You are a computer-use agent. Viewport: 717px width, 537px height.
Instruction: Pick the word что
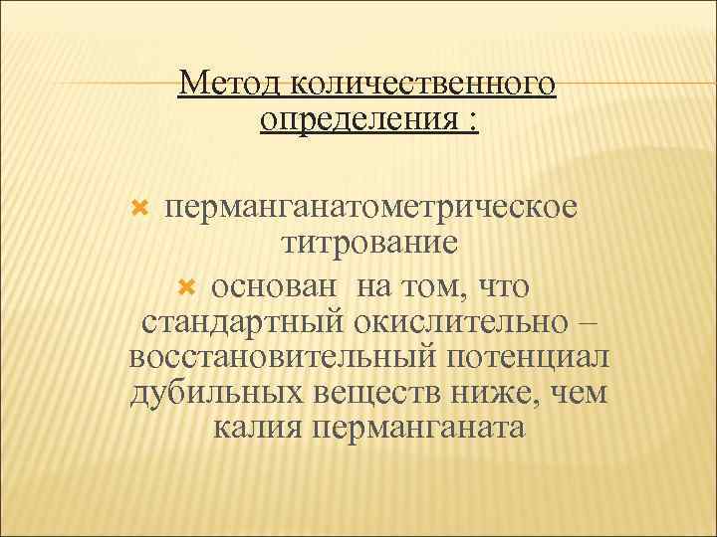click(503, 286)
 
